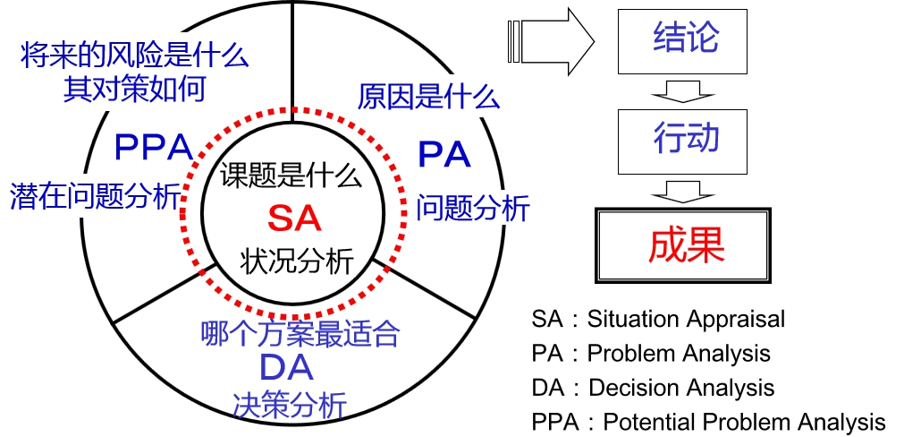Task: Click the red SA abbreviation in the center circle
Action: pos(293,218)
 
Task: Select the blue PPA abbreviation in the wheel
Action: pos(154,147)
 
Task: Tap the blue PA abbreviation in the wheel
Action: pos(444,154)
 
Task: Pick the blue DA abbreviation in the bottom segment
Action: pos(286,368)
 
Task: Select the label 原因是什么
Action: pos(428,95)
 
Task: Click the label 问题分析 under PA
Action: pos(473,208)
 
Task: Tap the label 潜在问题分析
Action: pos(96,195)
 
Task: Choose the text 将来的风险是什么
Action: pos(134,56)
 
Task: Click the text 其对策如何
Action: pos(134,89)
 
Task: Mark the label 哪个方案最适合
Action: pos(300,334)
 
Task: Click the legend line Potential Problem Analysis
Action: pos(707,421)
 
